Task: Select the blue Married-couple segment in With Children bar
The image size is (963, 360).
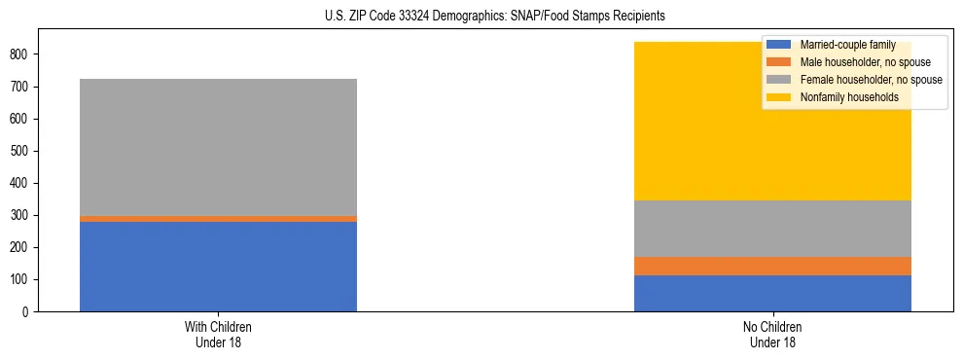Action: (218, 267)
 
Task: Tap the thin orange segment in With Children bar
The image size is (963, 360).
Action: (218, 219)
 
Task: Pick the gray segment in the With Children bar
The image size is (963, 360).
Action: (218, 147)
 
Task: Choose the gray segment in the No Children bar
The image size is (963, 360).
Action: (772, 229)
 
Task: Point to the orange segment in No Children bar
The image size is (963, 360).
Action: (772, 266)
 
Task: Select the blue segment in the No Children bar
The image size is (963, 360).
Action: (772, 293)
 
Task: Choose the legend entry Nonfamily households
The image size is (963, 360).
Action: (842, 97)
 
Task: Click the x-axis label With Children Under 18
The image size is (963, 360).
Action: (218, 334)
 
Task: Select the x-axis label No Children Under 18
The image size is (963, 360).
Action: (772, 334)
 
